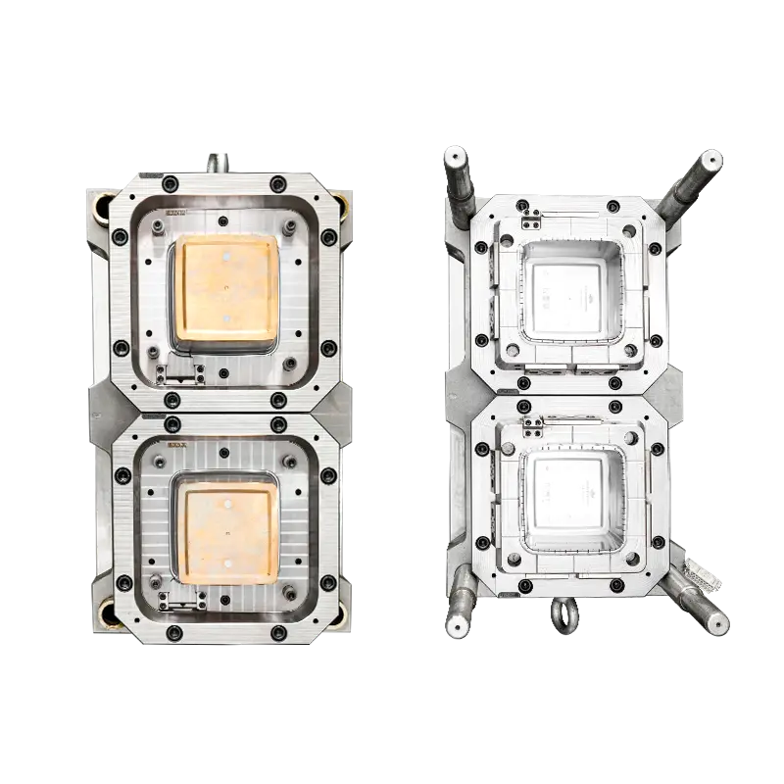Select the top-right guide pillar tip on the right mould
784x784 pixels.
(x=710, y=160)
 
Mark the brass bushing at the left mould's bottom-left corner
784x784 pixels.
(x=105, y=612)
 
